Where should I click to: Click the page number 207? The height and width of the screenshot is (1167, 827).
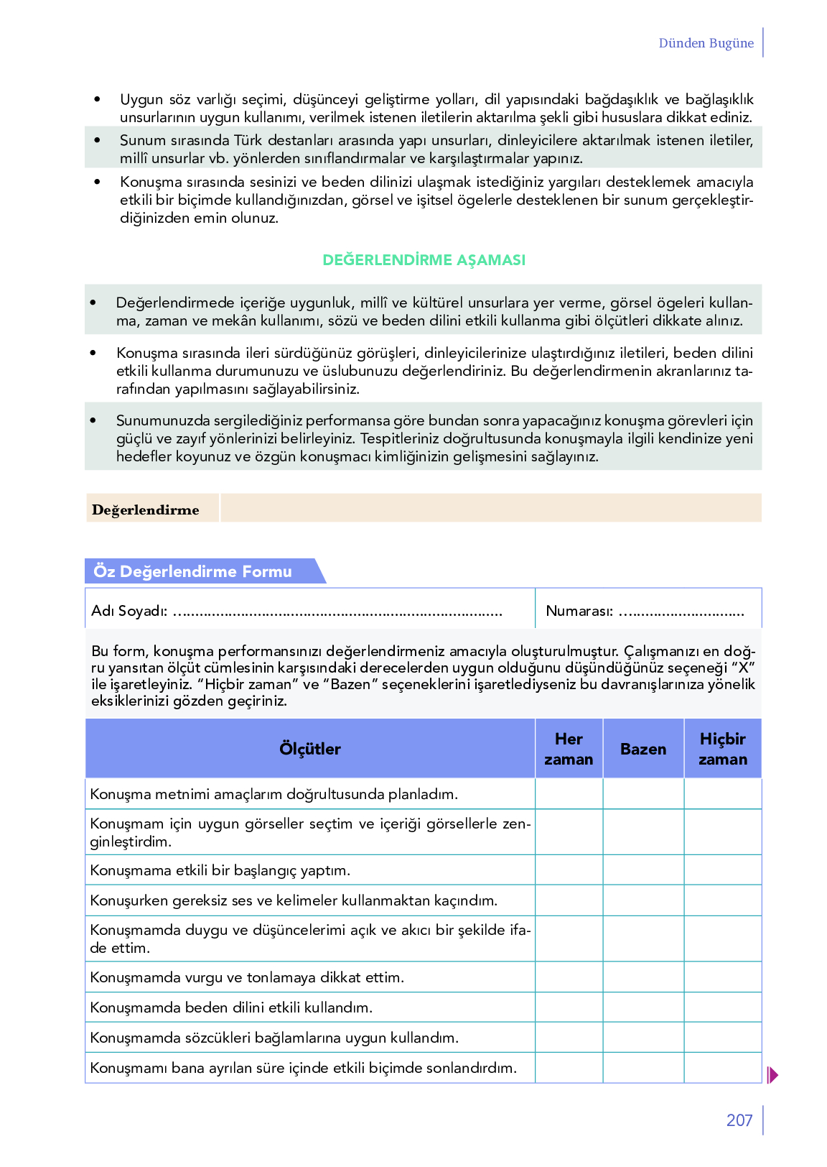pyautogui.click(x=739, y=1120)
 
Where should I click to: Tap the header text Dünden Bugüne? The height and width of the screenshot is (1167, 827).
pyautogui.click(x=706, y=43)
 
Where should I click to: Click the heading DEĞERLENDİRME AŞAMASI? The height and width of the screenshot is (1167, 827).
pyautogui.click(x=424, y=260)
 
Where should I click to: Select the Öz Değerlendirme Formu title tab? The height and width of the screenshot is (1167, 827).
pyautogui.click(x=193, y=571)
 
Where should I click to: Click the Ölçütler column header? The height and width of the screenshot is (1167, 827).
pyautogui.click(x=310, y=749)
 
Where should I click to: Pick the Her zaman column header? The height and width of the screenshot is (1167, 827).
pyautogui.click(x=569, y=749)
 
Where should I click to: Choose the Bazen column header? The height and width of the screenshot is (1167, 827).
pyautogui.click(x=643, y=749)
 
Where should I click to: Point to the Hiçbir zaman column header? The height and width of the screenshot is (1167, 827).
pyautogui.click(x=723, y=749)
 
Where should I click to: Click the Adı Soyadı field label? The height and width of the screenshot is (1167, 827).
pyautogui.click(x=129, y=611)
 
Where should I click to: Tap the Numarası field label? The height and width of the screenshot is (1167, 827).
pyautogui.click(x=579, y=611)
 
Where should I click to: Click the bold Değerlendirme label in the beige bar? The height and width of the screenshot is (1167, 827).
pyautogui.click(x=146, y=509)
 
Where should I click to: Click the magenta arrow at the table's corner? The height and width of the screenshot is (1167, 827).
pyautogui.click(x=772, y=1075)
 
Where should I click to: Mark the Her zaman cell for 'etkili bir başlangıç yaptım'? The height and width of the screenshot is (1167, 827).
pyautogui.click(x=569, y=870)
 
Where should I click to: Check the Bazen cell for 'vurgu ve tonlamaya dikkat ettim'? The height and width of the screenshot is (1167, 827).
pyautogui.click(x=643, y=977)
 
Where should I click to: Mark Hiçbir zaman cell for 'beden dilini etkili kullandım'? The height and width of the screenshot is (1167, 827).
pyautogui.click(x=723, y=1007)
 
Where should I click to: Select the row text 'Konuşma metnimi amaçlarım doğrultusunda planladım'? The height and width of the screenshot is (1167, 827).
pyautogui.click(x=274, y=794)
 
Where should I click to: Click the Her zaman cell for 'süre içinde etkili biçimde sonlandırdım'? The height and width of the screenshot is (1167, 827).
pyautogui.click(x=569, y=1068)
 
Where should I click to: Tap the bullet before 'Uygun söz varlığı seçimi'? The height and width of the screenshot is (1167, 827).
pyautogui.click(x=98, y=99)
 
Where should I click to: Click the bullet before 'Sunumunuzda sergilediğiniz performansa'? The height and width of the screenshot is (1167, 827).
pyautogui.click(x=93, y=420)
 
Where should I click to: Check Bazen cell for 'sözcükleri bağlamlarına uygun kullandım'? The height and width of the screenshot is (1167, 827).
pyautogui.click(x=643, y=1038)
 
